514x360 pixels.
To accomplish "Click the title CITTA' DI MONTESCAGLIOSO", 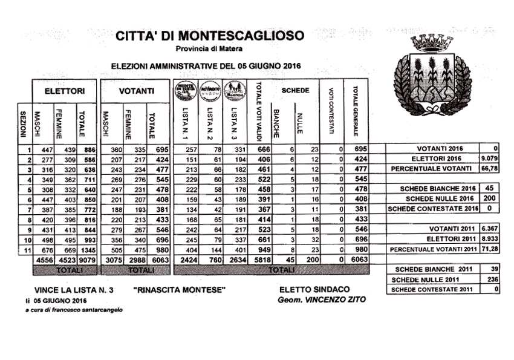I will click(209, 36).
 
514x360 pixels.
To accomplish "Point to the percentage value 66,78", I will click(491, 168).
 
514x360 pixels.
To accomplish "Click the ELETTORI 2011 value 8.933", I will click(490, 239).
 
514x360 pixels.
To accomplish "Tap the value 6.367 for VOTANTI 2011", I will click(490, 229).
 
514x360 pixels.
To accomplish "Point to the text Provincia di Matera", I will click(209, 48).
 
